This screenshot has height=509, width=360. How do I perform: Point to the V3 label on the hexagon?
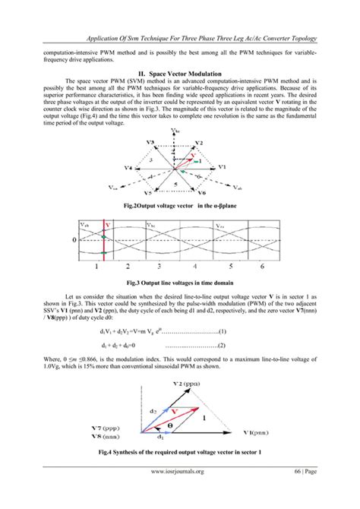click(151, 144)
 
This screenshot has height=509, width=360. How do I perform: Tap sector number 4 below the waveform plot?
click(197, 267)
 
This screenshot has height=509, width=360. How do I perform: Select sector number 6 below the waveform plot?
click(263, 267)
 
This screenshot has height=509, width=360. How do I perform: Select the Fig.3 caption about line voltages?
click(179, 282)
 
